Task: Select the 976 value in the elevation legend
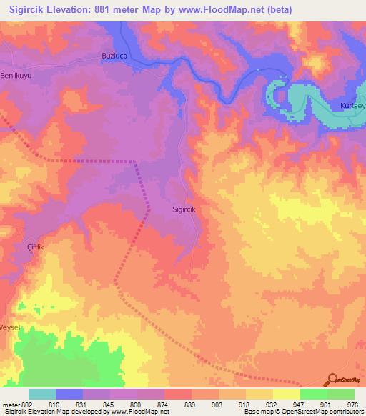coord(352,404)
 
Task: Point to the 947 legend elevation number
coord(298,404)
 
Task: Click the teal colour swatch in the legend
coord(42,394)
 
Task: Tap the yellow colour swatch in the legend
coord(287,394)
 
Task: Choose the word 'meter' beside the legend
coord(11,404)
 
